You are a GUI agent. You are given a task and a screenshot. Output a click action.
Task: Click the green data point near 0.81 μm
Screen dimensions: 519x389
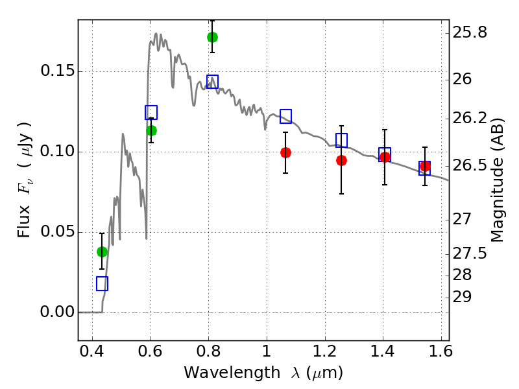point(213,37)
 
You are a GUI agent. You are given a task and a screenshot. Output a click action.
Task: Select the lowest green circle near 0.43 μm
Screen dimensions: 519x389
point(102,252)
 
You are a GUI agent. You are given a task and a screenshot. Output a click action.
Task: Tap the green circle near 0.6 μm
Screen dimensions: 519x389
point(151,131)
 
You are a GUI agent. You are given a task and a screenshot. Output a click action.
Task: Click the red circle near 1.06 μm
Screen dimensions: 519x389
point(285,152)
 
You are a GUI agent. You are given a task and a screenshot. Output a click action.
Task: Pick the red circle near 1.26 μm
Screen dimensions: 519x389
point(342,160)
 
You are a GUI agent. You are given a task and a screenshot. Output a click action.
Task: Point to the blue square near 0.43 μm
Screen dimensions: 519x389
point(103,284)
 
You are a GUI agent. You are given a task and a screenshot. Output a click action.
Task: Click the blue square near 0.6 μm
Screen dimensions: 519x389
point(151,112)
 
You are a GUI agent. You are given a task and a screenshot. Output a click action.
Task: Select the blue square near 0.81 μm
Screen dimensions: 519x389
point(213,82)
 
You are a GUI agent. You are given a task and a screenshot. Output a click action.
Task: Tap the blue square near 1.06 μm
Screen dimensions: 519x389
point(285,116)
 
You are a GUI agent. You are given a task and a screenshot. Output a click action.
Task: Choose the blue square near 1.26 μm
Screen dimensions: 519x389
point(342,140)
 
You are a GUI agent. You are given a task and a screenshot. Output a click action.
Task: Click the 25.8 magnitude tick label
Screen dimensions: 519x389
point(470,33)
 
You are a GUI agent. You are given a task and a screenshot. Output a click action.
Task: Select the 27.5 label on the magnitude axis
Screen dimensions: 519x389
point(470,253)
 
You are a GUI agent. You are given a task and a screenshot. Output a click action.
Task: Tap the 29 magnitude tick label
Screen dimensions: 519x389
point(462,297)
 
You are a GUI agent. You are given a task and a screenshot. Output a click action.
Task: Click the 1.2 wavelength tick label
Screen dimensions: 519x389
point(325,351)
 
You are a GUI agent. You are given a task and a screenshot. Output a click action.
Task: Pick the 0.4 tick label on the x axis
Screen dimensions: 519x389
point(92,351)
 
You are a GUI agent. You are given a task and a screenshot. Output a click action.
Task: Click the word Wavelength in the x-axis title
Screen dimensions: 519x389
point(232,372)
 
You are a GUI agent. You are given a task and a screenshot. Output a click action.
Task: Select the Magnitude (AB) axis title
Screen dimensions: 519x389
point(496,180)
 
